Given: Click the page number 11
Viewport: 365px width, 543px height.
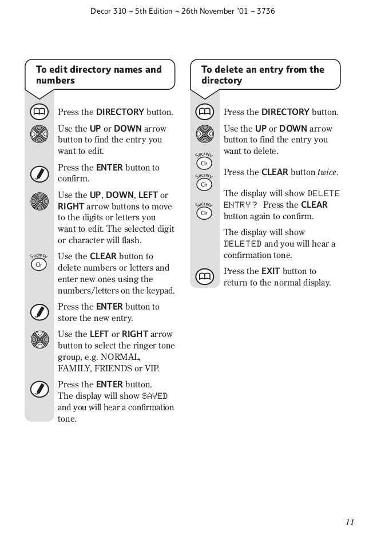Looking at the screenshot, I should tap(350, 522).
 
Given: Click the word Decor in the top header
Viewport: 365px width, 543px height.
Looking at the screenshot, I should tap(102, 10).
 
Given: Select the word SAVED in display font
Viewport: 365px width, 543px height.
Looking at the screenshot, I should tap(155, 396).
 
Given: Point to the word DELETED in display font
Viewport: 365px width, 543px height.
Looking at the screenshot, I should tap(243, 244).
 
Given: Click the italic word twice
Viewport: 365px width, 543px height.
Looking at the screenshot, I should tap(328, 172).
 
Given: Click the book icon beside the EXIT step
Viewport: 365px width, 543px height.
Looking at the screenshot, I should tap(204, 277).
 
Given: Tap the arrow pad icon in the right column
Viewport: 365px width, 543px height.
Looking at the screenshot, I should tap(204, 134).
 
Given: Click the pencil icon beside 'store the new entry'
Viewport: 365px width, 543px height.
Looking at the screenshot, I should tap(39, 312).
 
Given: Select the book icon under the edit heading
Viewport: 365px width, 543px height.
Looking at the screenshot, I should tap(39, 111).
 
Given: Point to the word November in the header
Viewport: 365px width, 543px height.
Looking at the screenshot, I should tap(217, 10).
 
